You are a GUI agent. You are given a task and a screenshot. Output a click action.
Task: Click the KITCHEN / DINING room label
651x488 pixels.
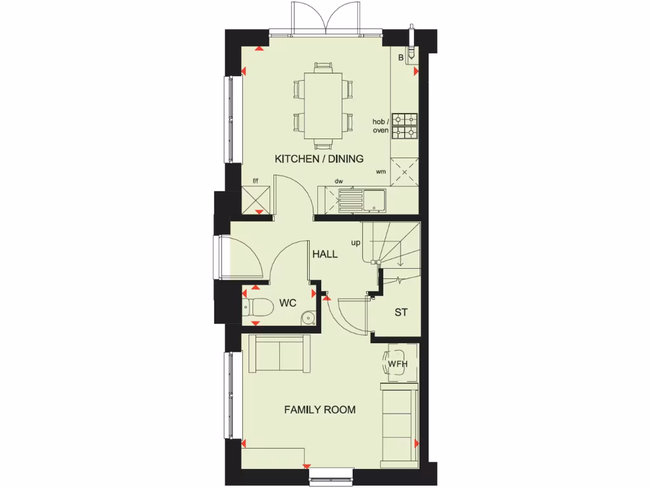click(319, 159)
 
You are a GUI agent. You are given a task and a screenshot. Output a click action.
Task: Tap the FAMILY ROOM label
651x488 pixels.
click(319, 410)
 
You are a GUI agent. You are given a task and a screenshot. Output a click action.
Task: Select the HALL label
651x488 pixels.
click(324, 254)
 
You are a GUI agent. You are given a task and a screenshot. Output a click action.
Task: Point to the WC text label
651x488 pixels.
click(288, 303)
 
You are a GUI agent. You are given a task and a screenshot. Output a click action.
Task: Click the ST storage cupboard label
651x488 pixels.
click(401, 313)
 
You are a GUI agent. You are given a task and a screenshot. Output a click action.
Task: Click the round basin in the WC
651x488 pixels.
click(308, 316)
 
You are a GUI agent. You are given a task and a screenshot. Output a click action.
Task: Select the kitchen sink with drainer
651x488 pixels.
click(362, 201)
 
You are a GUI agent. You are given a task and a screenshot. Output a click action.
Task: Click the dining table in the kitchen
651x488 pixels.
click(323, 104)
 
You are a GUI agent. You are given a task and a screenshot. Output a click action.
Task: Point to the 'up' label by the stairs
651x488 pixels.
click(355, 243)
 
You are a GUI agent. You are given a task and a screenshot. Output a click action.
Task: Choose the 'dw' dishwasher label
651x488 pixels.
click(339, 181)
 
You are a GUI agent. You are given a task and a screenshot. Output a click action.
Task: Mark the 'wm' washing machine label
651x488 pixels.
click(381, 172)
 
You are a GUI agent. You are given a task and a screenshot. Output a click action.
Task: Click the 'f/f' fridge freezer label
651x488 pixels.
click(256, 181)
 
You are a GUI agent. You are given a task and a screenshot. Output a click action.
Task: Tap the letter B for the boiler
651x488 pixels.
click(401, 58)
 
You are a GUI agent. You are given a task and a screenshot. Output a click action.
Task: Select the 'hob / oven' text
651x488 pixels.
click(381, 126)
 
